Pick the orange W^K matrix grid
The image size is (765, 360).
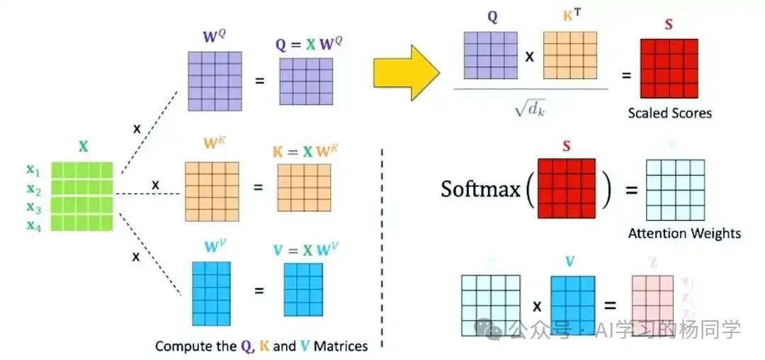[x=212, y=188]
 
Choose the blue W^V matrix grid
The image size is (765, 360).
[x=211, y=293]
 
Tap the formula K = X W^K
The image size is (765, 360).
[x=304, y=152]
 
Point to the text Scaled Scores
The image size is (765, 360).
[x=669, y=113]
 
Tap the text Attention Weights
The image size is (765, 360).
[x=684, y=232]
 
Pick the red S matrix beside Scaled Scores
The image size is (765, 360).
[x=669, y=69]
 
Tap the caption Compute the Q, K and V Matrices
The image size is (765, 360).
[x=261, y=347]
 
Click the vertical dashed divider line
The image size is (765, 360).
[x=382, y=248]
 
